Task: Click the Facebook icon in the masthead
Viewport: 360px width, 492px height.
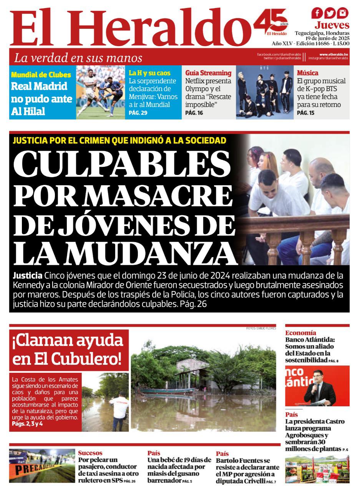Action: pyautogui.click(x=317, y=13)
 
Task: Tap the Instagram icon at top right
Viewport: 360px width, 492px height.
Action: pyautogui.click(x=343, y=13)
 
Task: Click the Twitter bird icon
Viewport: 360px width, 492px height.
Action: pyautogui.click(x=330, y=13)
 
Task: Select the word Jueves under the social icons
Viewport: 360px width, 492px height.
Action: pyautogui.click(x=332, y=25)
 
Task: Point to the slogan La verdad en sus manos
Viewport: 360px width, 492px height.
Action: pyautogui.click(x=78, y=58)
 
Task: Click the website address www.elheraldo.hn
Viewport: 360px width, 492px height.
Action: pyautogui.click(x=333, y=55)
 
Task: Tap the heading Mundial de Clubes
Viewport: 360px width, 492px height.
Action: pyautogui.click(x=41, y=75)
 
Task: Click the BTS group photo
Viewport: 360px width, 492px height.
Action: pyautogui.click(x=265, y=92)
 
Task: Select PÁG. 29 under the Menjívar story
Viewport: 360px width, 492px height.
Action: pyautogui.click(x=138, y=113)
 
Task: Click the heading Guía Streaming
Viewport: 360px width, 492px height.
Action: pyautogui.click(x=208, y=73)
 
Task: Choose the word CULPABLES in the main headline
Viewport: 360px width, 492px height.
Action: pyautogui.click(x=122, y=163)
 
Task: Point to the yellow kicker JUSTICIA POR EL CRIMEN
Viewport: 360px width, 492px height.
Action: pyautogui.click(x=119, y=140)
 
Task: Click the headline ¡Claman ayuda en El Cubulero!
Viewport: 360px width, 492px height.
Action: pyautogui.click(x=68, y=349)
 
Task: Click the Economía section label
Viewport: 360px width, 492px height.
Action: pyautogui.click(x=300, y=333)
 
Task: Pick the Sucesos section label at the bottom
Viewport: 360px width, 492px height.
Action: pyautogui.click(x=90, y=453)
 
